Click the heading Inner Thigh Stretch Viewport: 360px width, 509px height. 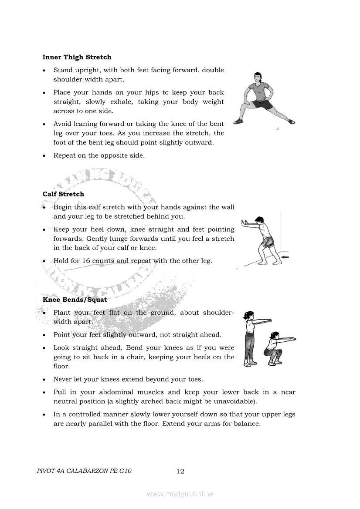(x=77, y=57)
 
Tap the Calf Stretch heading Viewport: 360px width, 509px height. (x=63, y=194)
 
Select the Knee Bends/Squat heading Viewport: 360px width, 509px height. (x=75, y=300)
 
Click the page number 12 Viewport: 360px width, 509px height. (x=180, y=471)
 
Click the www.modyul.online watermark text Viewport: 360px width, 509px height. (x=180, y=494)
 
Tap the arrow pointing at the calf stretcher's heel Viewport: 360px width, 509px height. (x=285, y=258)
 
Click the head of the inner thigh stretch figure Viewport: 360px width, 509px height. (x=258, y=78)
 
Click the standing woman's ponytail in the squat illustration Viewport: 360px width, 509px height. (x=246, y=314)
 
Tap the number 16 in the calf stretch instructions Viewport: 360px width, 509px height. (x=86, y=261)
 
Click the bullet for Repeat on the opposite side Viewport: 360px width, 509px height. (x=44, y=156)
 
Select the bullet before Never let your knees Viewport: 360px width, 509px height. (x=44, y=380)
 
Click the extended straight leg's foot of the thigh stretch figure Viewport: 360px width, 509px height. (x=290, y=122)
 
